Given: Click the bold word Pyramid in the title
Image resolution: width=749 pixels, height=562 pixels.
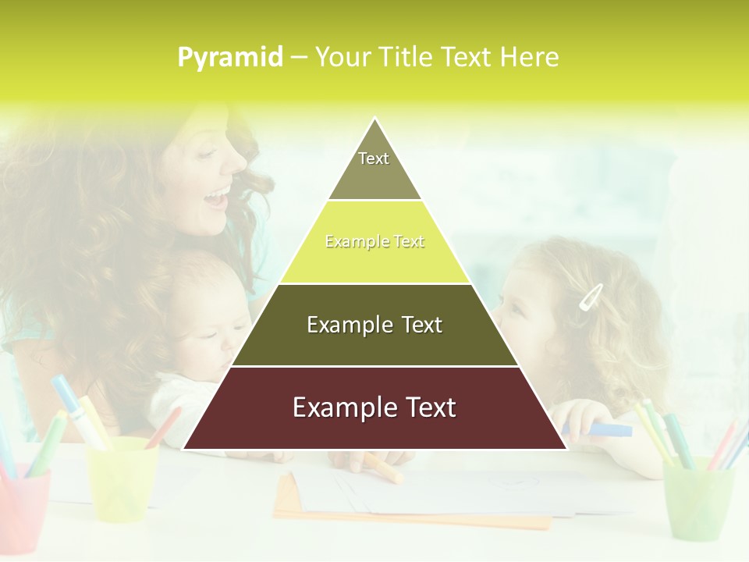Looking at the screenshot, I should coord(230,57).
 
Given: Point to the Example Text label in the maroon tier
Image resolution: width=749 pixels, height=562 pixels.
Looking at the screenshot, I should coord(374,407).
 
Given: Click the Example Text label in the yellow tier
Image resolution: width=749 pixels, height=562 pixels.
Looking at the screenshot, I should coord(374,242).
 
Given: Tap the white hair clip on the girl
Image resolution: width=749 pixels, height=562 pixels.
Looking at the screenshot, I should coord(590,297).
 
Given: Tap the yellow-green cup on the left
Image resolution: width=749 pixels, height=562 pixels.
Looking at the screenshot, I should coord(121,476).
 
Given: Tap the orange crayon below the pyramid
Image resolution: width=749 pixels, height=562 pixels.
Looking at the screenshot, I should coord(382,467).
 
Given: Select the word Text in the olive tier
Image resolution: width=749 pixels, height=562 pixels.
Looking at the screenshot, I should coord(414,325).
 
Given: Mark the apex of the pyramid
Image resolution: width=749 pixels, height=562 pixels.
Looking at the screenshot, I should coord(374,119).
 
